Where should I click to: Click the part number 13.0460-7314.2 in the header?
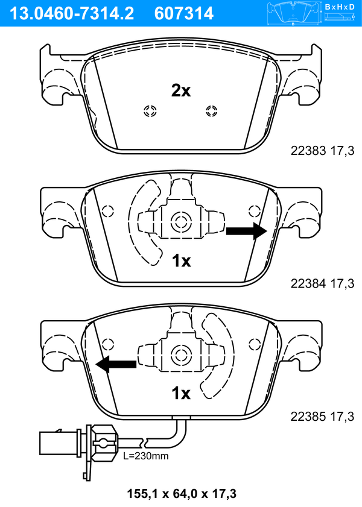(71, 13)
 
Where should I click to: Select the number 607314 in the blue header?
(184, 13)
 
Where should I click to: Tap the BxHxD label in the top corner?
(340, 6)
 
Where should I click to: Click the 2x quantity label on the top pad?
(181, 91)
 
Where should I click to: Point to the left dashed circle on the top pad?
(150, 112)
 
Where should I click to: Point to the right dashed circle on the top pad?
(212, 112)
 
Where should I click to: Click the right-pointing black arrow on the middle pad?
(247, 231)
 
